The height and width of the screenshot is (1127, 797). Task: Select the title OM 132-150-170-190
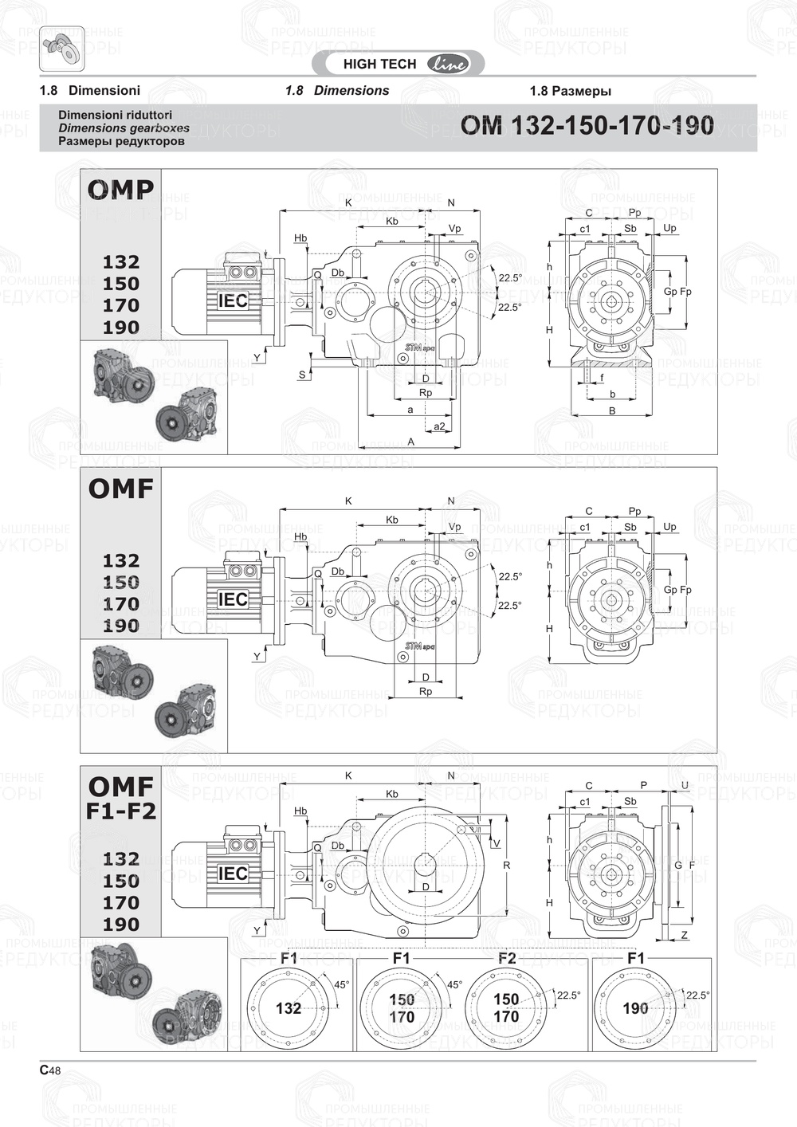[x=587, y=125]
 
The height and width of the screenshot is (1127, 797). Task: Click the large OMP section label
[x=120, y=189]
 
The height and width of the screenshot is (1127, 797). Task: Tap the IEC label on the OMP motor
[x=233, y=300]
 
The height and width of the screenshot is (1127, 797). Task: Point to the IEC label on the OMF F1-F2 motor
[x=233, y=874]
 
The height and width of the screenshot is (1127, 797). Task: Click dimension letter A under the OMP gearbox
[x=411, y=442]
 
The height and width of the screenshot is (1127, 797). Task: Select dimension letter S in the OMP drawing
[x=302, y=375]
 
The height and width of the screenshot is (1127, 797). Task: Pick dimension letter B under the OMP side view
[x=612, y=411]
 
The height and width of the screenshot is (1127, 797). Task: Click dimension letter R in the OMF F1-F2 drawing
[x=507, y=865]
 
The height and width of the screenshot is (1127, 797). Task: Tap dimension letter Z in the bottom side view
[x=685, y=935]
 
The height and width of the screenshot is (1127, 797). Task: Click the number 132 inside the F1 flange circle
[x=288, y=1008]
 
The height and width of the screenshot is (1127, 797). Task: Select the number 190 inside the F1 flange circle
[x=635, y=1008]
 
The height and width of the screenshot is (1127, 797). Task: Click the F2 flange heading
[x=506, y=958]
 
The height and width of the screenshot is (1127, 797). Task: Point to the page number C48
[x=49, y=1070]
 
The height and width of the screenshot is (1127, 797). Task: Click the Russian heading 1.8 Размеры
[x=570, y=91]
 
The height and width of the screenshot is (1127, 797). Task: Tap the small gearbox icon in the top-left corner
[x=61, y=45]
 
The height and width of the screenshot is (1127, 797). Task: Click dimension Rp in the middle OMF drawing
[x=426, y=691]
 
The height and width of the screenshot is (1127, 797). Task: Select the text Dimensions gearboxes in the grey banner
[x=124, y=128]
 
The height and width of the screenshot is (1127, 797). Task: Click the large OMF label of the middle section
[x=120, y=489]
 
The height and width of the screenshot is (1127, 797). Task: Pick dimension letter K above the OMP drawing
[x=348, y=203]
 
